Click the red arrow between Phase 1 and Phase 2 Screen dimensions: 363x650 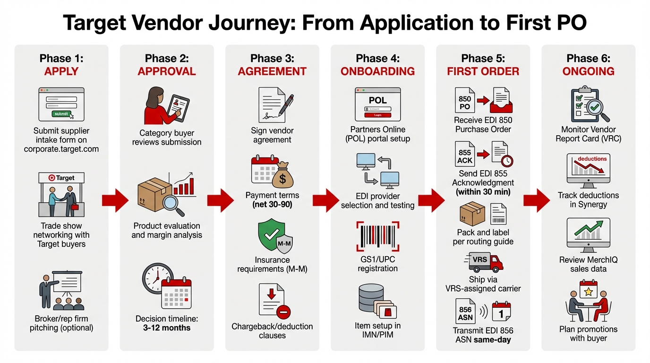pyautogui.click(x=115, y=200)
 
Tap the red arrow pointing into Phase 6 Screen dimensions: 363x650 pyautogui.click(x=536, y=200)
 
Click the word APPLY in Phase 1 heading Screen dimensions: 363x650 pyautogui.click(x=61, y=71)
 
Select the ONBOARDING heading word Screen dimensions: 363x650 pyautogui.click(x=377, y=71)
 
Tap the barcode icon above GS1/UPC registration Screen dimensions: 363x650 pyautogui.click(x=377, y=238)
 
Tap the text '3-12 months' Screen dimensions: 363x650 pyautogui.click(x=167, y=328)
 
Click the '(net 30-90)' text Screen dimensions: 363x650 pyautogui.click(x=272, y=205)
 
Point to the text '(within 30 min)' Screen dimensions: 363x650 pyautogui.click(x=483, y=192)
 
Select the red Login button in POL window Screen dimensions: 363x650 pyautogui.click(x=377, y=115)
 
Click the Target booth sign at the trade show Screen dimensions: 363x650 pyautogui.click(x=61, y=178)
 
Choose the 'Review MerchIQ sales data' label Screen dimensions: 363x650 pyautogui.click(x=588, y=264)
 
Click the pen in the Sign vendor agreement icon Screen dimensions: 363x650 pyautogui.click(x=285, y=104)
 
